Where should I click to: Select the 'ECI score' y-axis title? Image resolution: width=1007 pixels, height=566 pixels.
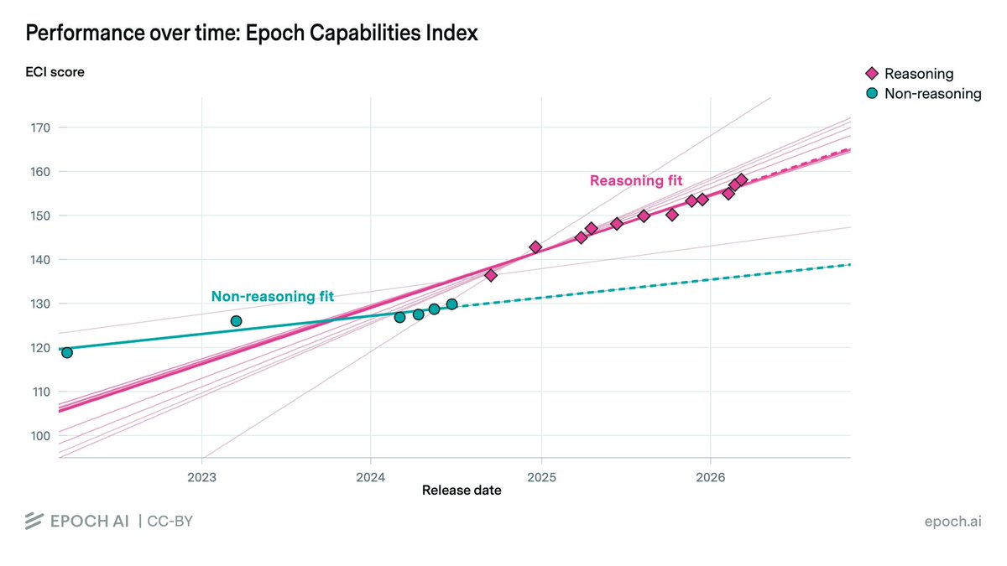tap(55, 72)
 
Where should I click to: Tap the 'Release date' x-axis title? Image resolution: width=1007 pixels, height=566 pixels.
tap(462, 490)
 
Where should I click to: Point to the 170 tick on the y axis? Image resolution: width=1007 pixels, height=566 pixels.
tap(39, 127)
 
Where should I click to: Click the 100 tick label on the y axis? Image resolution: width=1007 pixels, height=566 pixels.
tap(39, 435)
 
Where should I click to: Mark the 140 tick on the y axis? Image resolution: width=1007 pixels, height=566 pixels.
tap(39, 260)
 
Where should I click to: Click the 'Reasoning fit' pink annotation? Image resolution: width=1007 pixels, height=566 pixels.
tap(636, 180)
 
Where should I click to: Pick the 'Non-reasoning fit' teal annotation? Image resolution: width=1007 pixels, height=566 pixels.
tap(272, 296)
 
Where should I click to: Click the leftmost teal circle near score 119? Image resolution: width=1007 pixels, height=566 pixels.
tap(66, 352)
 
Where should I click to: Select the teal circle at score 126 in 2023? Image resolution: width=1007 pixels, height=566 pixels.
tap(236, 321)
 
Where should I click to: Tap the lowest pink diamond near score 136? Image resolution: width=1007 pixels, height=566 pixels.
tap(491, 275)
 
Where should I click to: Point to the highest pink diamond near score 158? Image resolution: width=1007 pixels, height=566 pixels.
tap(741, 179)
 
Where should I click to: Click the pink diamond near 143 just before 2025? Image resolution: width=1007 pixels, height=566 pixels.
tap(535, 247)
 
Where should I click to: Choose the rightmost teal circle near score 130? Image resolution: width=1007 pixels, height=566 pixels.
tap(451, 304)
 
